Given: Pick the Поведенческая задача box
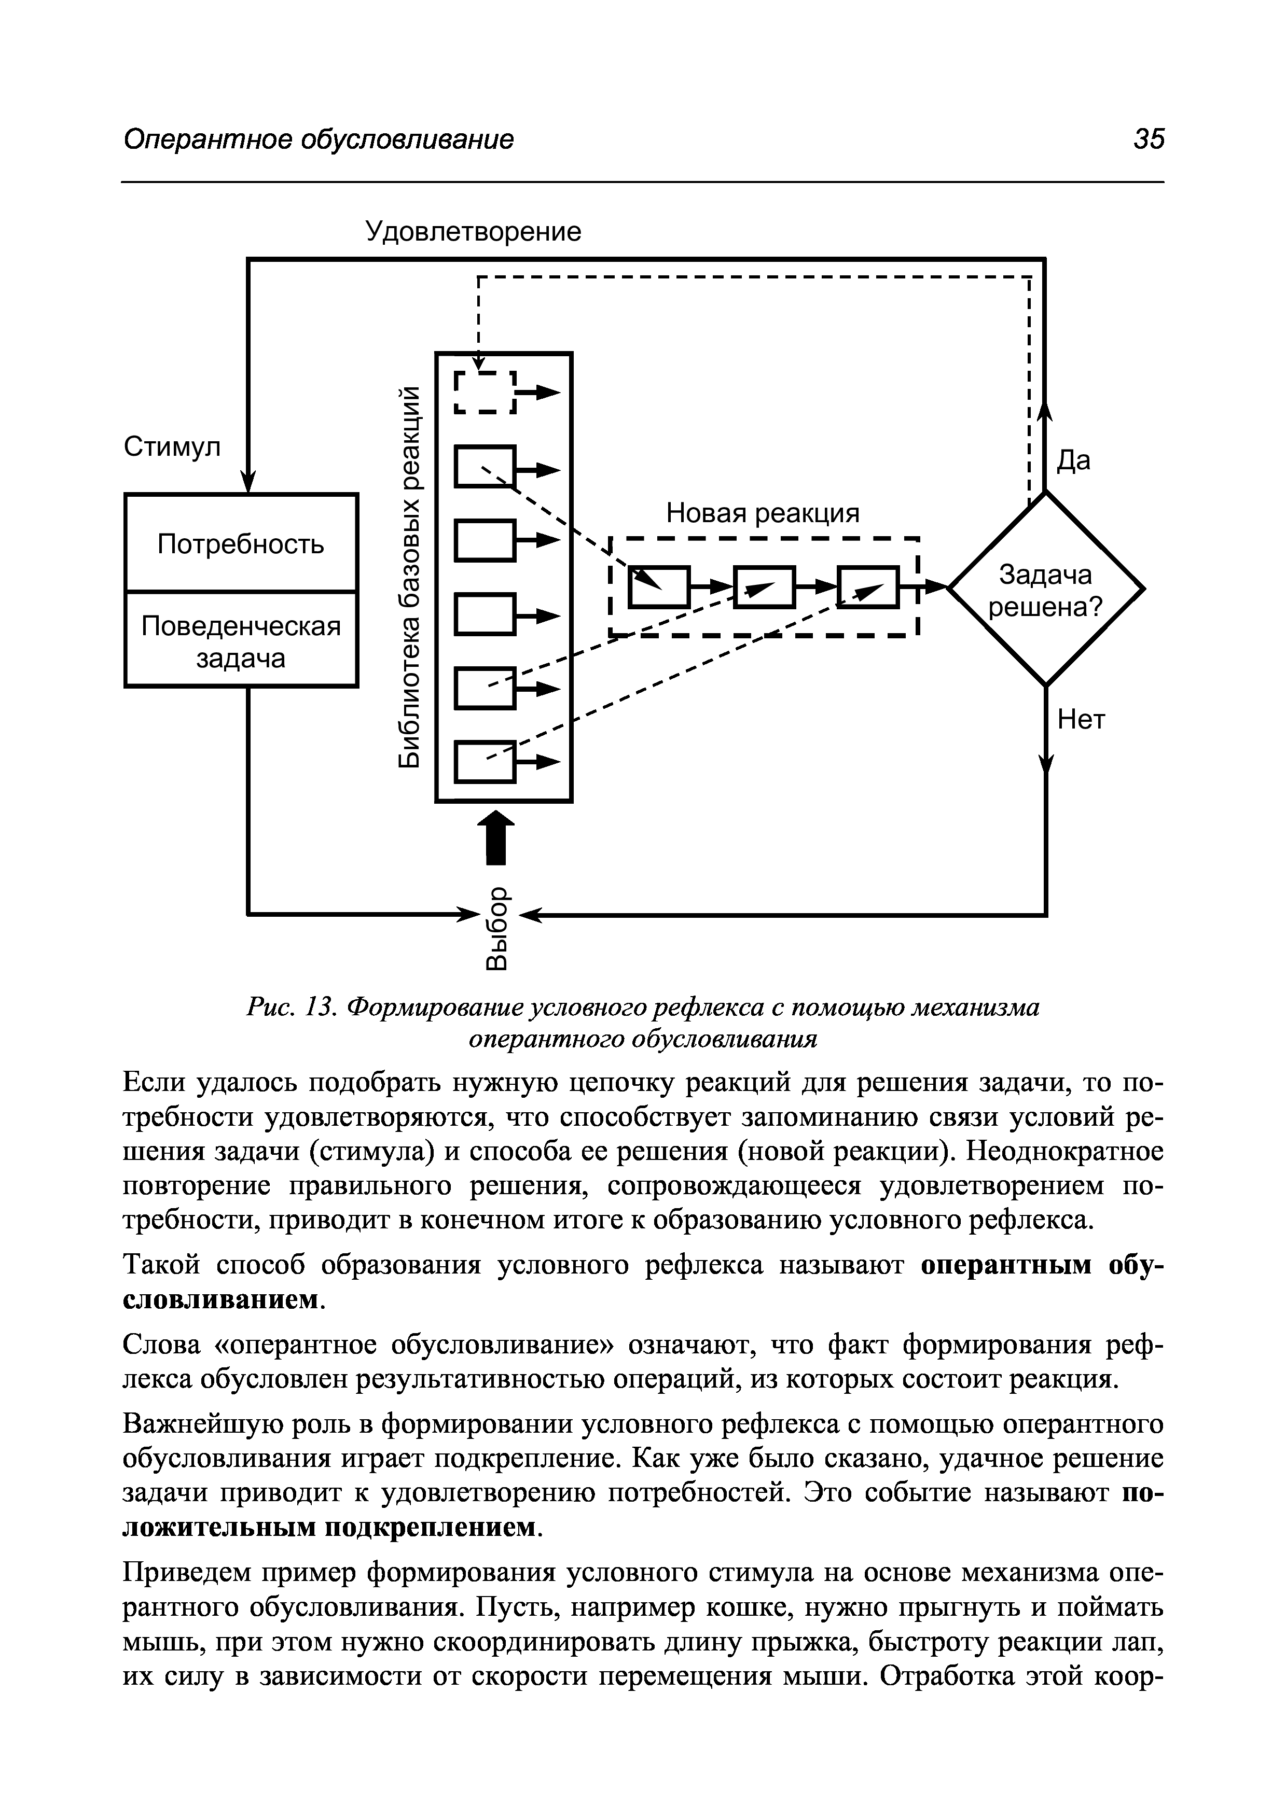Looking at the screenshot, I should pyautogui.click(x=241, y=641).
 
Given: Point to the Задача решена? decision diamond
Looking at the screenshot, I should pyautogui.click(x=1045, y=590).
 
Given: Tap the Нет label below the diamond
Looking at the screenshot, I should pyautogui.click(x=1081, y=720).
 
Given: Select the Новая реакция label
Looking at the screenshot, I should pyautogui.click(x=762, y=513).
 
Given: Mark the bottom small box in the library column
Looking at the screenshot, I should pyautogui.click(x=484, y=761).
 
